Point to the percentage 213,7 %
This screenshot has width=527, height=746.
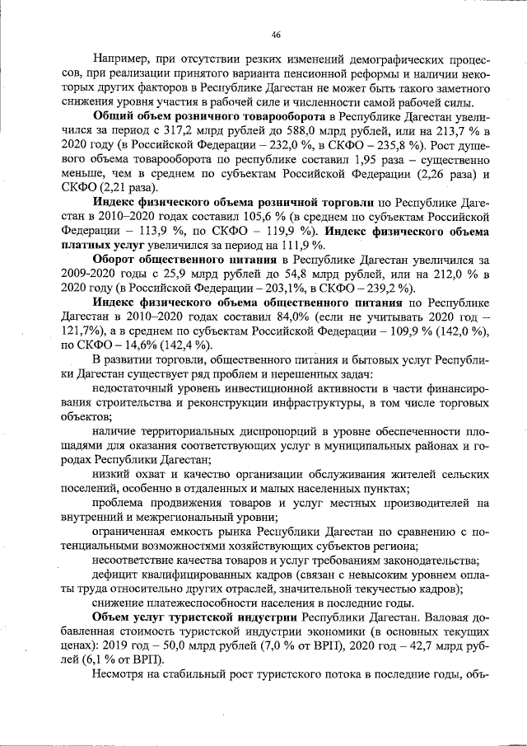[455, 130]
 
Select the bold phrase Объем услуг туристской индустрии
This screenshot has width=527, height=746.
[195, 617]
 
